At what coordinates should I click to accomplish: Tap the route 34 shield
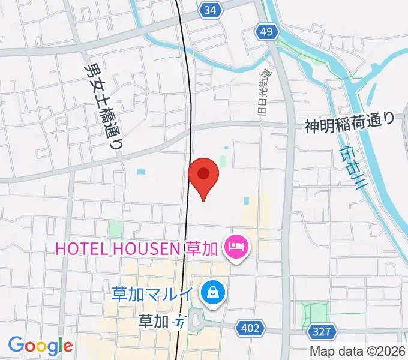(x=209, y=10)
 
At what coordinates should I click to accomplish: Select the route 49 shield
(x=266, y=31)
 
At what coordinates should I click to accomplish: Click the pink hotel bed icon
(x=235, y=247)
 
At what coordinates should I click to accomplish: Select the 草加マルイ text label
(x=153, y=294)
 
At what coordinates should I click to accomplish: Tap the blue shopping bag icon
(x=212, y=293)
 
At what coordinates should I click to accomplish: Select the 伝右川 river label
(x=352, y=169)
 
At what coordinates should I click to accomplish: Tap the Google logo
(x=40, y=346)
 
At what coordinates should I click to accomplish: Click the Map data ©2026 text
(x=358, y=351)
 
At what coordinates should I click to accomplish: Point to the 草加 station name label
(x=153, y=322)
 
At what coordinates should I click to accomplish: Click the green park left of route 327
(x=314, y=313)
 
